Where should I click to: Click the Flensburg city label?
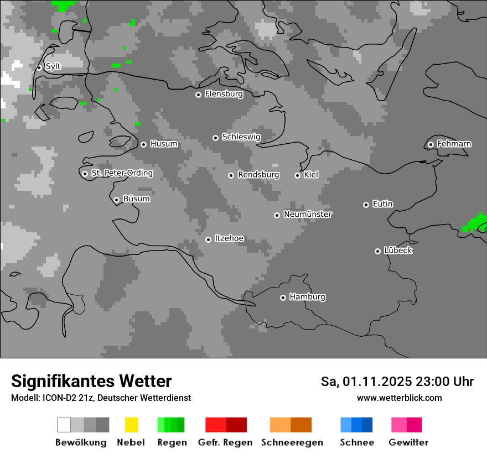point(224,94)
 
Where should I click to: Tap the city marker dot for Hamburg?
point(283,298)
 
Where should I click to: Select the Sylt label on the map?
point(53,66)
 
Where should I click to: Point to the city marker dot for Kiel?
point(297,175)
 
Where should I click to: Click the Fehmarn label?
point(454,144)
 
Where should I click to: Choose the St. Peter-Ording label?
point(122,173)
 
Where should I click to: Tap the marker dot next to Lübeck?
point(377,251)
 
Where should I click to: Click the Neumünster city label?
point(308,214)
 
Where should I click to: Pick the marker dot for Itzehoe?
point(208,239)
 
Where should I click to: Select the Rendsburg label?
point(258,175)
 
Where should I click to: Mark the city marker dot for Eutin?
point(366,205)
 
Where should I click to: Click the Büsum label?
point(136,199)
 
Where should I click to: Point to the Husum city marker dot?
point(143,144)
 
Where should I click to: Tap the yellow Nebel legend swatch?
point(131,425)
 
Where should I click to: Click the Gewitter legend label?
point(408,442)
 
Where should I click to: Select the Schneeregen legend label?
point(292,442)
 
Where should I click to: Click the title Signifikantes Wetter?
point(91,381)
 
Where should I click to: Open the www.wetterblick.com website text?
point(399,398)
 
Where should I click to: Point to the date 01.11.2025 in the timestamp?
point(376,382)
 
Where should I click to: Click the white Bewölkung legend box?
point(64,425)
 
